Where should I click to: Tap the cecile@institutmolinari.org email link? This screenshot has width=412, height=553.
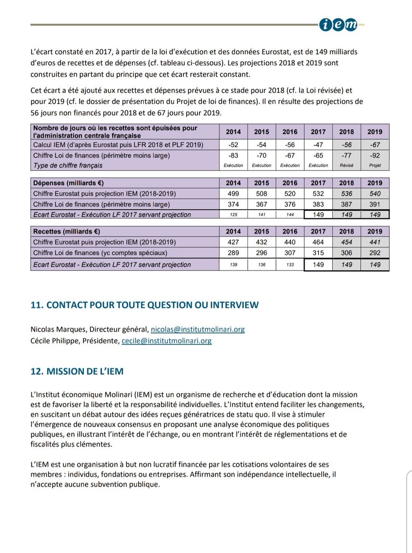point(167,341)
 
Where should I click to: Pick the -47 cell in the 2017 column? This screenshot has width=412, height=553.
point(318,145)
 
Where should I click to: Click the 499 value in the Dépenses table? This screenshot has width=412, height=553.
point(233,194)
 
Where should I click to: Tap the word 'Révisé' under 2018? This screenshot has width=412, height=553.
point(346,165)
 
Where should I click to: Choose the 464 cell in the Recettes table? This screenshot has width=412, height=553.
point(318,242)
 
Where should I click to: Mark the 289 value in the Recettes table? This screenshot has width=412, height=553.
point(233,253)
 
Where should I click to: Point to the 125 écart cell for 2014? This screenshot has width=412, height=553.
point(233,215)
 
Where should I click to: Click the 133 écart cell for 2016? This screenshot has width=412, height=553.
point(290,265)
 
